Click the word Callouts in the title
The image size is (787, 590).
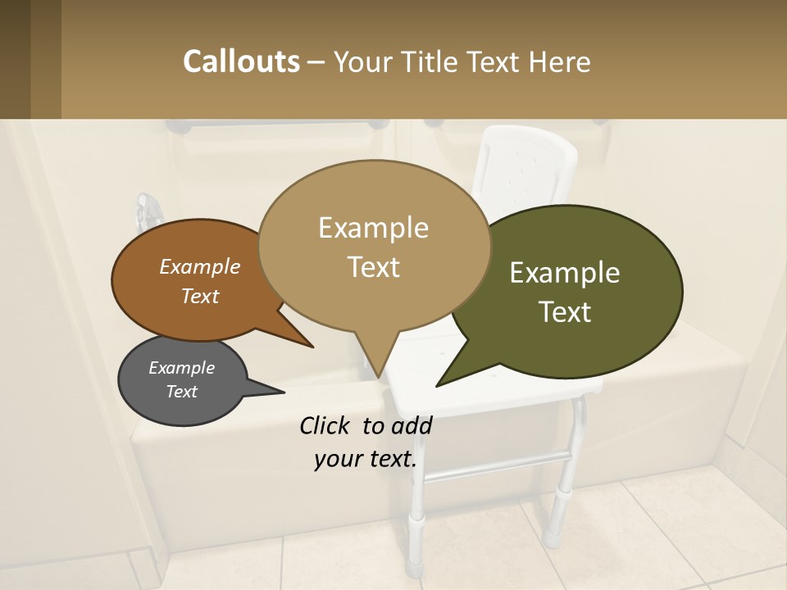tap(241, 61)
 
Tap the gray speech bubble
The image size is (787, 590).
tap(182, 381)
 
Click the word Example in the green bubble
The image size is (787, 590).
tap(565, 273)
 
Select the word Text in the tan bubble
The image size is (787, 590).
tap(374, 267)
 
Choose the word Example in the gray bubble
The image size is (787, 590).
tap(182, 368)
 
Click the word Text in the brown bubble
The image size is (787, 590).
tap(200, 296)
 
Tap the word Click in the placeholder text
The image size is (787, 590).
tap(326, 425)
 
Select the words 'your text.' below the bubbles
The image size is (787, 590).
tap(366, 459)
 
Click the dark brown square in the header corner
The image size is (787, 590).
tap(16, 59)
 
